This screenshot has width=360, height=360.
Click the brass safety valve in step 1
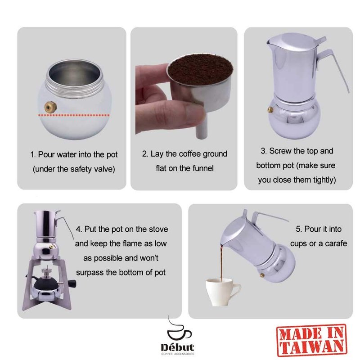tap(51, 107)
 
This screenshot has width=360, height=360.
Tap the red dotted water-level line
tap(74, 115)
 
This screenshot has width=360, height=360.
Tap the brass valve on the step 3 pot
tap(270, 110)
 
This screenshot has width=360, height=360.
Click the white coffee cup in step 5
tap(222, 292)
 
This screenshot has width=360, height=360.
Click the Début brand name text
tap(177, 347)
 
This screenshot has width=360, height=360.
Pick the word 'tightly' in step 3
tap(324, 180)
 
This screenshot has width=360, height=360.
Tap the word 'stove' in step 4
tap(158, 229)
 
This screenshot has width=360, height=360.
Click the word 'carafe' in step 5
tap(336, 243)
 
